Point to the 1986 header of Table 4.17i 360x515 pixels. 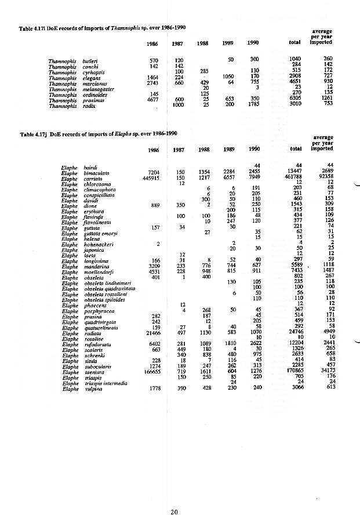(x=152, y=43)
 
